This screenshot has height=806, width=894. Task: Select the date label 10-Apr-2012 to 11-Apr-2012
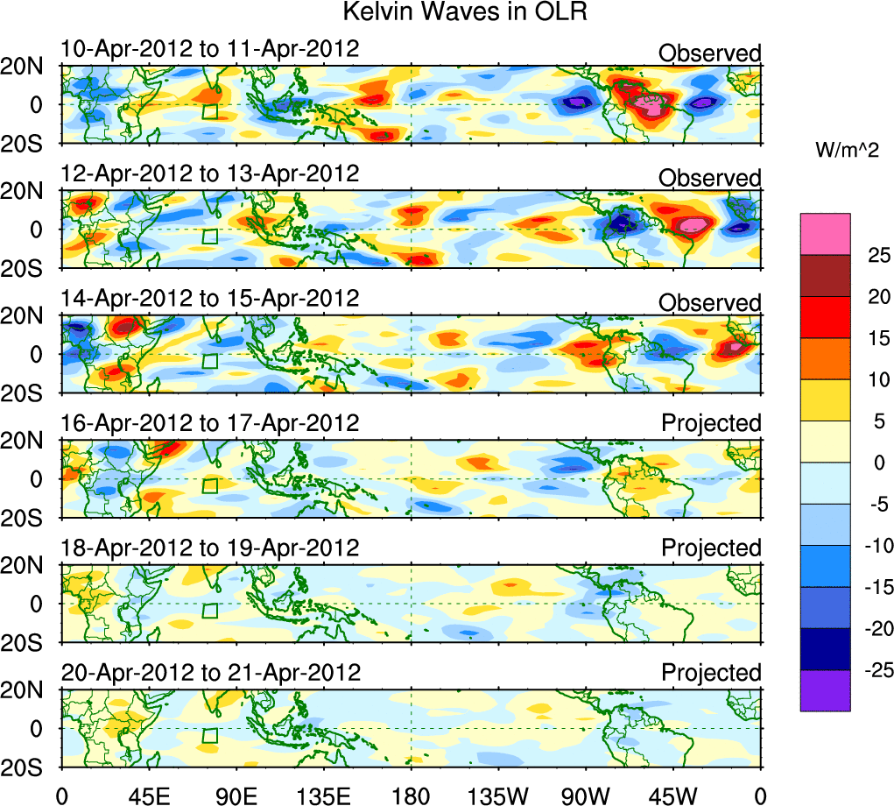[210, 48]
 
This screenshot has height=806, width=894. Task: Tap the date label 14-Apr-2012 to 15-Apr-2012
[210, 298]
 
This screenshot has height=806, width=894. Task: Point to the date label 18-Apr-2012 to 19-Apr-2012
[210, 548]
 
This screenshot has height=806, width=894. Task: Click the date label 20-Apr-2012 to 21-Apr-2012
[210, 673]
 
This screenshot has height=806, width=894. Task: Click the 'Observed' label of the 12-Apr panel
[710, 179]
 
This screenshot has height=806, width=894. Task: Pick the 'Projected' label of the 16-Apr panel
[711, 423]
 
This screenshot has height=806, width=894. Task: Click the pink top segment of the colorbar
[825, 234]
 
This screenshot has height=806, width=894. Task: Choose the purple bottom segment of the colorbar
[825, 690]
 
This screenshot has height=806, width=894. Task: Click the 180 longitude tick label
[412, 795]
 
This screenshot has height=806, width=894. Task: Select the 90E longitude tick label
[236, 795]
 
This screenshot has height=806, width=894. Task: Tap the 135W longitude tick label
[498, 795]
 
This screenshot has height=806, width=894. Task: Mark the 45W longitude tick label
[673, 795]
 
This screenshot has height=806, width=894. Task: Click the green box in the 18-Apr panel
[209, 612]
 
